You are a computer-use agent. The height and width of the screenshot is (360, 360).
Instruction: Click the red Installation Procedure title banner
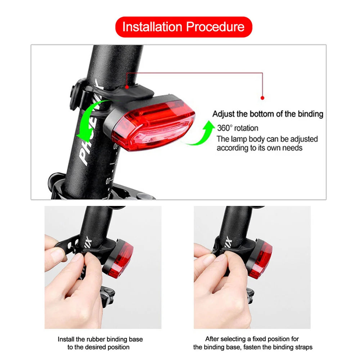[184, 27]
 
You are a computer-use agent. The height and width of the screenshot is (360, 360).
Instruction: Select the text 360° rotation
[238, 128]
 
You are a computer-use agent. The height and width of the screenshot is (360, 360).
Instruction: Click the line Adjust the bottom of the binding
[268, 114]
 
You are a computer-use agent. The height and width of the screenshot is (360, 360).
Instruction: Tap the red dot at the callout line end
[262, 98]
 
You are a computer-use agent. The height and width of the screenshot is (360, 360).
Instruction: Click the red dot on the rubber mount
[127, 87]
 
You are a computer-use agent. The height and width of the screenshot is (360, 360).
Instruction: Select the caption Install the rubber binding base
[100, 339]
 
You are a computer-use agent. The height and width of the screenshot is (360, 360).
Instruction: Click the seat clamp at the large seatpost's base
[108, 189]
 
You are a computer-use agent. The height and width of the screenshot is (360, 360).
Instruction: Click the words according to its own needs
[259, 148]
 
